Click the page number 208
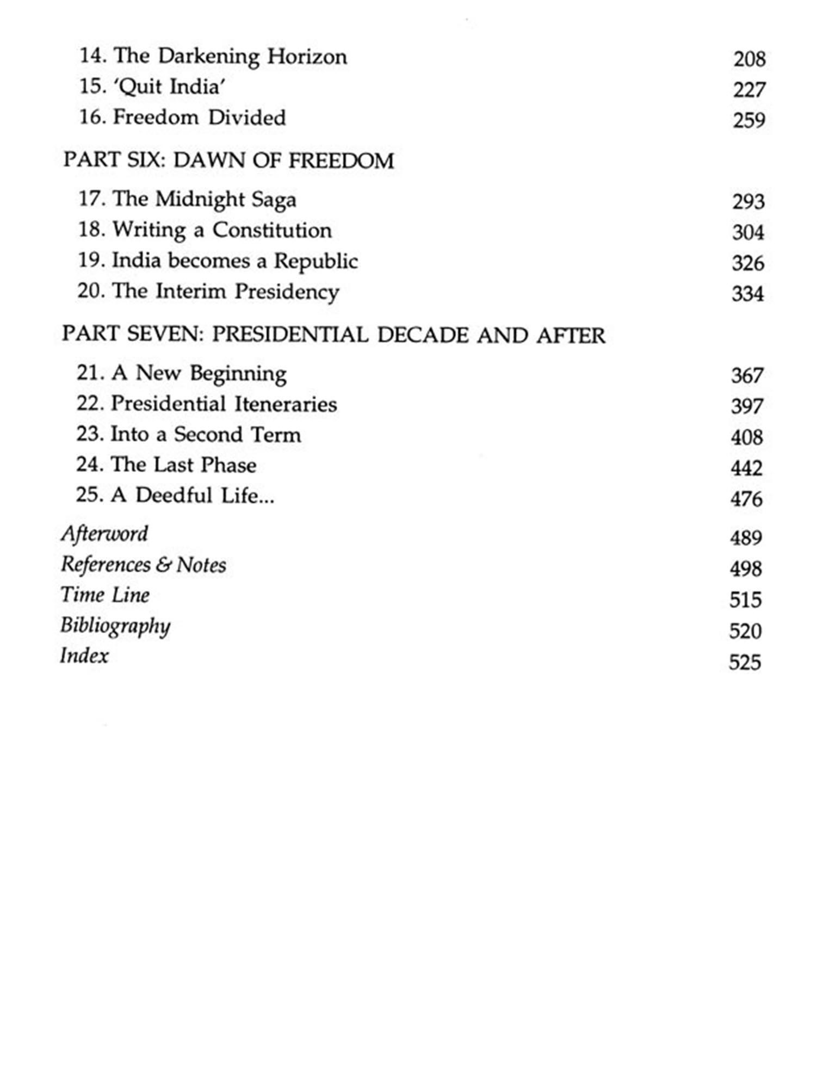749,59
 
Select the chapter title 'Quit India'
169,87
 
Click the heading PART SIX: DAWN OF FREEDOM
228,160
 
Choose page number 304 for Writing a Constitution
748,233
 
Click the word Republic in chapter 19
316,261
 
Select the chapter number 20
90,291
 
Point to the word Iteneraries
286,404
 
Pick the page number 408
746,437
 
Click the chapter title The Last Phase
183,465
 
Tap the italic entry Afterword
104,534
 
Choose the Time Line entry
105,595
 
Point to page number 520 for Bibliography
745,631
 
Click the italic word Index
84,656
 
